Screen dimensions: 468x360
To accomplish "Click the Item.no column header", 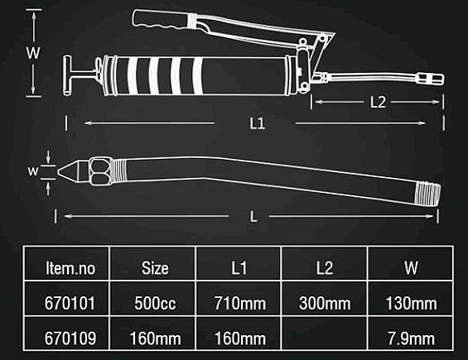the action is [70, 268].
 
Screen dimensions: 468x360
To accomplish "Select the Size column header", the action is [155, 268].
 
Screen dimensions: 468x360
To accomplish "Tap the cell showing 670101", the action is [70, 304].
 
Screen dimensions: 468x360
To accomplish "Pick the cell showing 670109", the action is [70, 338].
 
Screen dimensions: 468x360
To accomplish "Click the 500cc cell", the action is [155, 304].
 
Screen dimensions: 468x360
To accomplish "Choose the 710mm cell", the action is [239, 304].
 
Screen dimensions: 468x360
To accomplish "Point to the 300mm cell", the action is [325, 304].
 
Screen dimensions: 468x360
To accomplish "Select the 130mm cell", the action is [411, 304].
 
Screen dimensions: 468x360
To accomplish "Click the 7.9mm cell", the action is [411, 338].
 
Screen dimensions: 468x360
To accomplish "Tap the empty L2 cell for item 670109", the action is [325, 333].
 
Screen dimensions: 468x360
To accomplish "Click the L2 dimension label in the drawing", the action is [378, 103].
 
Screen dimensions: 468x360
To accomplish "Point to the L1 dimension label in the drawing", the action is [257, 123].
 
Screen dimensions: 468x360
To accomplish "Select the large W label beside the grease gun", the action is [33, 53].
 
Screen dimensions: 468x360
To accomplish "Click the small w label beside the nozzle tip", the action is [33, 171].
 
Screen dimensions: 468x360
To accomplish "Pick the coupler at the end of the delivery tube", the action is [430, 79].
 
